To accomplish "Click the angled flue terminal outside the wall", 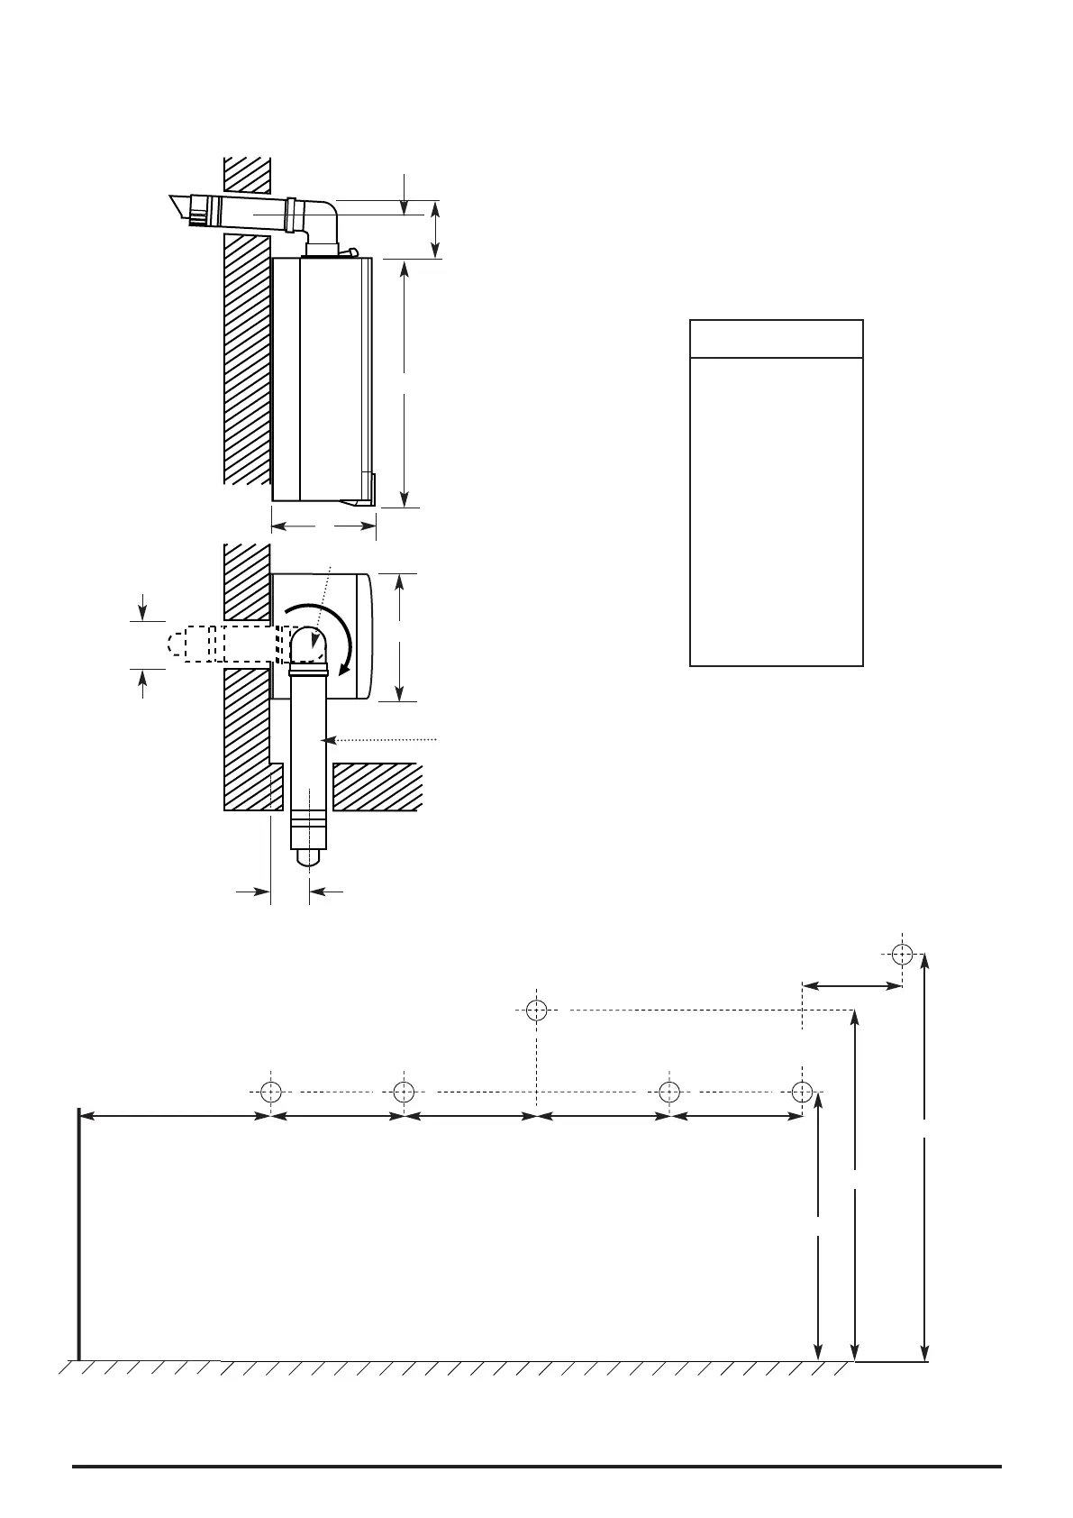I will [x=189, y=209].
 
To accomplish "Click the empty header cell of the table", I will [x=776, y=338].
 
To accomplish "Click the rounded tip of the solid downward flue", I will [x=308, y=858].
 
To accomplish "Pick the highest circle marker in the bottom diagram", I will [x=902, y=954].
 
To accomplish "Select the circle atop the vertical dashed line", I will [x=536, y=1010].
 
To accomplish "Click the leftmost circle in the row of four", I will [x=270, y=1092].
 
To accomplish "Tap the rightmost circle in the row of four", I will [x=802, y=1092].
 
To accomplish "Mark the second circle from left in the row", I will [x=404, y=1092].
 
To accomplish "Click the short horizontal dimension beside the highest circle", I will [x=851, y=986].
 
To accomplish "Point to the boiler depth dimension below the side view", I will [x=323, y=525].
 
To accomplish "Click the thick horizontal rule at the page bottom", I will [x=536, y=1467].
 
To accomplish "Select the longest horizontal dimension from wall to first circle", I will [x=176, y=1116].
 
